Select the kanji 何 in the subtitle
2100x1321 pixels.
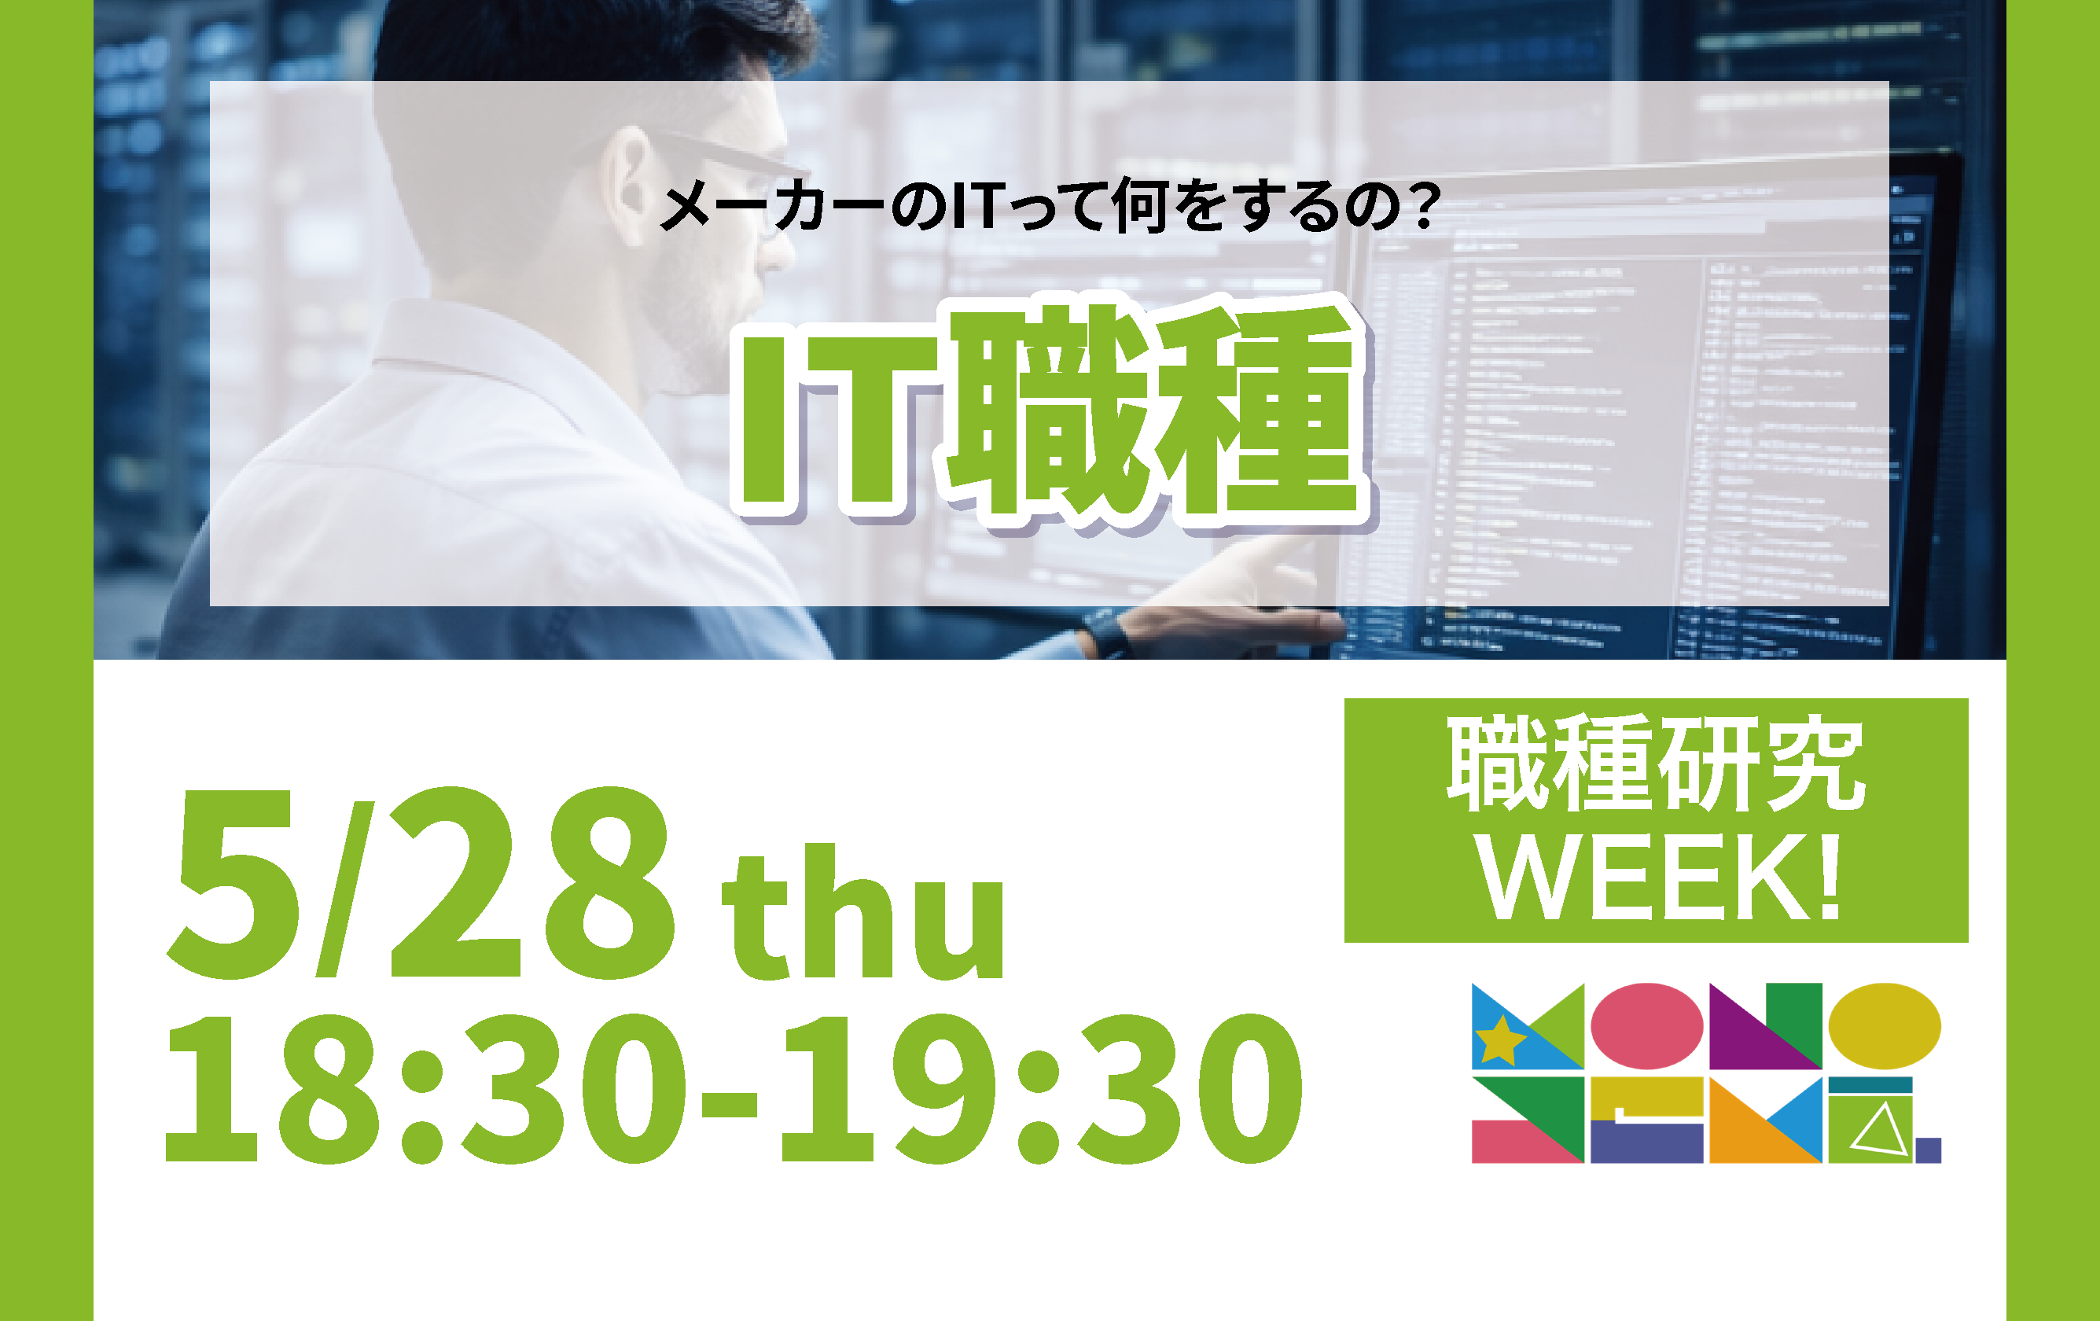tap(1140, 206)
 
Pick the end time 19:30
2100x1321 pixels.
tap(1043, 1089)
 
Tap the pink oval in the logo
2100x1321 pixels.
tap(1646, 1026)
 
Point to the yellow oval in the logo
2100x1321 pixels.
tap(1885, 1026)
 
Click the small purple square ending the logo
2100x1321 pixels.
tap(1927, 1150)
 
